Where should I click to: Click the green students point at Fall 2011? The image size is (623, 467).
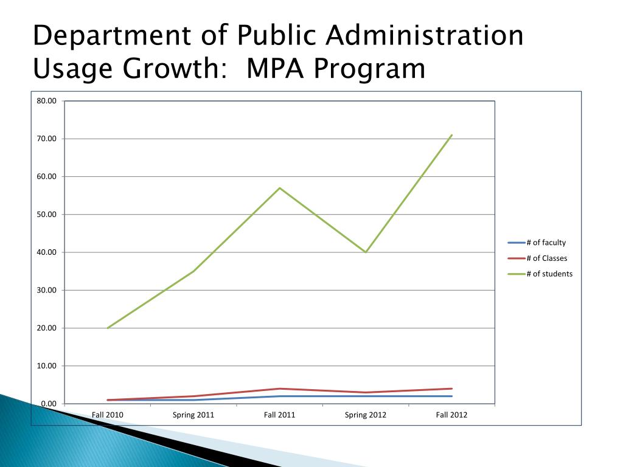[280, 188]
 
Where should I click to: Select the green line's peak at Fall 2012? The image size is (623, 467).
[451, 135]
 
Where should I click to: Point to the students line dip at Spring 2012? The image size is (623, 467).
[366, 252]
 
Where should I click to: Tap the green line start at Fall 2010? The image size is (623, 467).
[108, 328]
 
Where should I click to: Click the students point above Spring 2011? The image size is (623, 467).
[193, 271]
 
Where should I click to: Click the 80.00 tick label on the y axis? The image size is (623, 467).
[46, 101]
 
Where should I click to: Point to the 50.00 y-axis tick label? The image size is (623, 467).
[46, 215]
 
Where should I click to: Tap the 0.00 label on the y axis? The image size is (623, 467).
[48, 404]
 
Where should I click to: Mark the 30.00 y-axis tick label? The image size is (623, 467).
[46, 290]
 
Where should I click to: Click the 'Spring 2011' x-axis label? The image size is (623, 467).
[193, 415]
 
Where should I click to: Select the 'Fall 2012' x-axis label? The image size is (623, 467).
[451, 415]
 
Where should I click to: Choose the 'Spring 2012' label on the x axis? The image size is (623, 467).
[366, 415]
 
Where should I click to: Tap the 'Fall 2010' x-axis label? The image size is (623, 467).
[108, 415]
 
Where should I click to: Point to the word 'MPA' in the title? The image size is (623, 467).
[276, 69]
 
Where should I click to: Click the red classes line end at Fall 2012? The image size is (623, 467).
[451, 389]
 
